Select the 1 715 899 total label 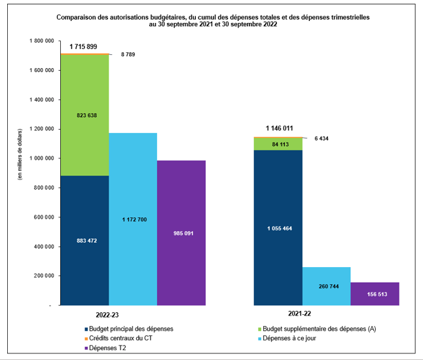(84, 46)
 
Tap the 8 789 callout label (129, 54)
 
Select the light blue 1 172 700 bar (133, 219)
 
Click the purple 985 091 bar (181, 232)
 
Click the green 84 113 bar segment (279, 144)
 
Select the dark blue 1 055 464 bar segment (279, 228)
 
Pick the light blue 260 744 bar (327, 286)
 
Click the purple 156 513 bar (375, 294)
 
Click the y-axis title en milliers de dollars (20, 154)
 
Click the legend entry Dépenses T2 (109, 349)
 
